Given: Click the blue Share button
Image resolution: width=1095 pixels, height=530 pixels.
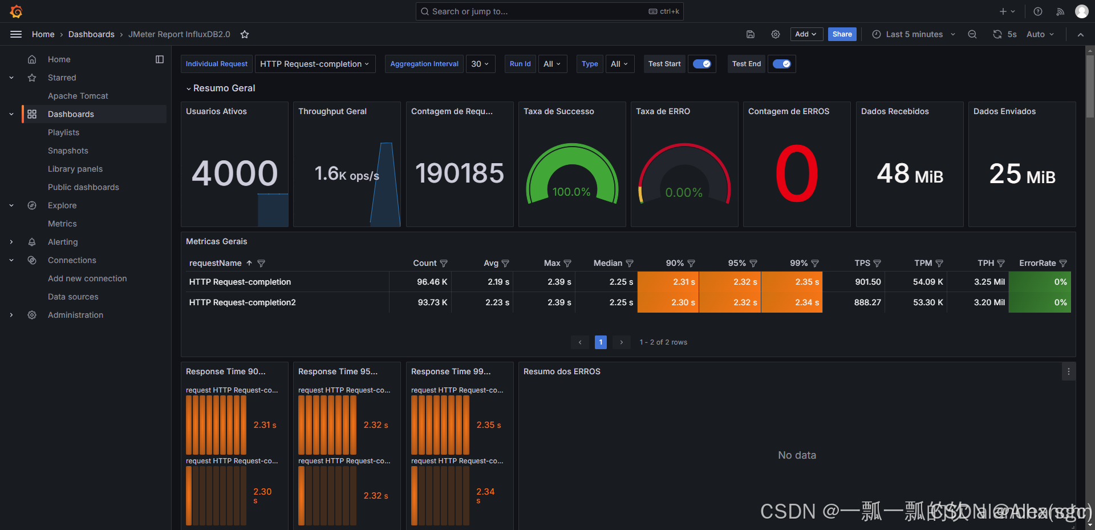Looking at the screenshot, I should [842, 34].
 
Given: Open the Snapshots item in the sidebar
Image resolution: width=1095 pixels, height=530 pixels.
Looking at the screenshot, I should [68, 151].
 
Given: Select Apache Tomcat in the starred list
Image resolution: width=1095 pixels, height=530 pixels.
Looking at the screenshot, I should [78, 96].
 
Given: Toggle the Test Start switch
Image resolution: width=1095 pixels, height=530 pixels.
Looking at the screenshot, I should [702, 64].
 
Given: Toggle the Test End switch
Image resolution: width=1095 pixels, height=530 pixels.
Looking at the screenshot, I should [781, 64].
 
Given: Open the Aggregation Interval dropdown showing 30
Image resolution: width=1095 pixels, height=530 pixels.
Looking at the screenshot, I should [480, 64].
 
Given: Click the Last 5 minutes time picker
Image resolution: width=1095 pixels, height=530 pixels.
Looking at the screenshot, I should [914, 34].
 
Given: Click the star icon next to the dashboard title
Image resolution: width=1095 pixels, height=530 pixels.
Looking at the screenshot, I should [245, 34].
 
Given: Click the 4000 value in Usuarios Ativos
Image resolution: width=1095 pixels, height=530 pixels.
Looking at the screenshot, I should [234, 173].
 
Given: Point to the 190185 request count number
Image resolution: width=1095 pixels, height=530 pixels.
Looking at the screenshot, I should [459, 173].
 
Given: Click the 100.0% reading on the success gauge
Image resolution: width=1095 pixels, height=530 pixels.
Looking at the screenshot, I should [571, 192].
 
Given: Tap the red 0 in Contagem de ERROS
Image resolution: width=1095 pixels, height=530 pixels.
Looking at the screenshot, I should [797, 173].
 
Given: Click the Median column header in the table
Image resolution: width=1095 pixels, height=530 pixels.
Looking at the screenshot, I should [607, 263].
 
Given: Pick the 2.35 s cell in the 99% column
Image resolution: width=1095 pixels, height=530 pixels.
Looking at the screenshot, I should [806, 282].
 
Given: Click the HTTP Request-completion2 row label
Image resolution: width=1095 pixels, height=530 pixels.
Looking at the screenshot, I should [242, 302].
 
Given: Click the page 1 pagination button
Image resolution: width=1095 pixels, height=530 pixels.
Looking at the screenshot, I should [601, 342].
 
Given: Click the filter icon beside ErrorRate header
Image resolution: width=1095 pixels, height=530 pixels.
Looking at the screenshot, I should [1063, 263].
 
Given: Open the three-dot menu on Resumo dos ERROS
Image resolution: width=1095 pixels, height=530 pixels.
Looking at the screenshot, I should [1068, 371].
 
